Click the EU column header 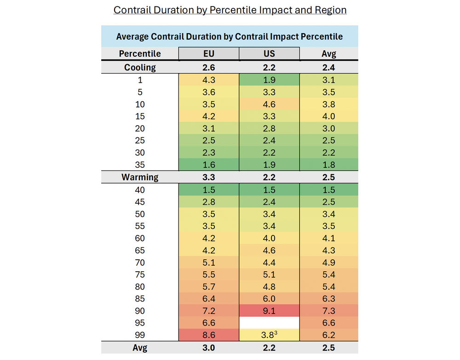(208, 54)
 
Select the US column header (269, 54)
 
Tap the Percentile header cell (140, 54)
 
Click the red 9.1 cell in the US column (269, 311)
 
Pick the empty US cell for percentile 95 (269, 323)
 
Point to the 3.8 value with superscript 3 (269, 335)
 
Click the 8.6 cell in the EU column (208, 335)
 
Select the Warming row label (140, 177)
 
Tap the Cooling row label (140, 68)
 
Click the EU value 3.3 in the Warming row (208, 177)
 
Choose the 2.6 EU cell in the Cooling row (208, 68)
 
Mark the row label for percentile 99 (140, 335)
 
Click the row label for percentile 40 (140, 189)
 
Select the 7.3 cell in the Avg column (328, 311)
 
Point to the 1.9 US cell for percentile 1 (269, 80)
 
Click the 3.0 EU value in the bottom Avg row (208, 348)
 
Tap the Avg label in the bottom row (140, 348)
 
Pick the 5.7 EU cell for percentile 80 (208, 286)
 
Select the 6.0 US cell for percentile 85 (269, 299)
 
